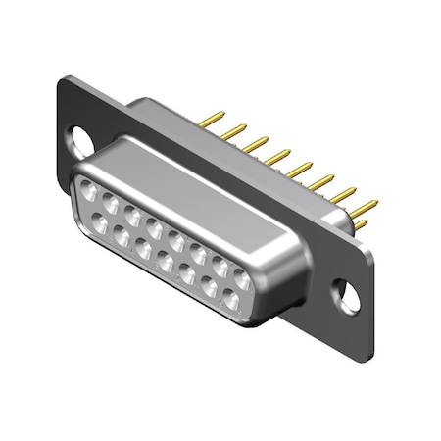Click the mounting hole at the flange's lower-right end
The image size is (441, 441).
tap(348, 290)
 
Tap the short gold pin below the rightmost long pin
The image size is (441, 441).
tap(361, 225)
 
